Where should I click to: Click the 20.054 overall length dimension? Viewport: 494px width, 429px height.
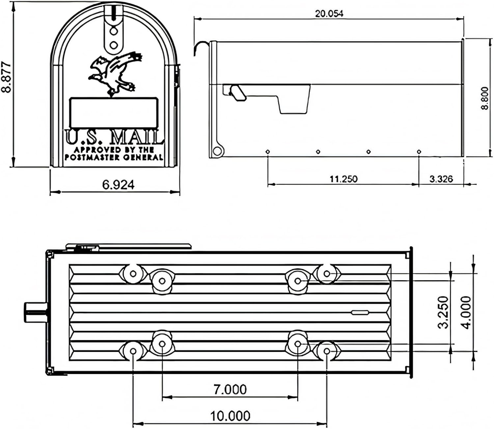coord(329,14)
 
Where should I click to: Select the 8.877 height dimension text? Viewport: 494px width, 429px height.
coord(7,77)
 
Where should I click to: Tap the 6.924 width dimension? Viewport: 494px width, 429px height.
coord(118,185)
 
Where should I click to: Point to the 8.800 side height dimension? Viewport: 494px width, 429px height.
coord(484,98)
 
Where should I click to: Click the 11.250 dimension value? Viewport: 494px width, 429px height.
coord(343,179)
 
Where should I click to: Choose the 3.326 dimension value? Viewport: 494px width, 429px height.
coord(441,179)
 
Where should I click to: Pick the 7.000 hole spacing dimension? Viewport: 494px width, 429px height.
coord(230,389)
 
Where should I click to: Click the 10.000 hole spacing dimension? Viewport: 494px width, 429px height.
coord(230,416)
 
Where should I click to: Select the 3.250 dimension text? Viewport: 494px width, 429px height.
coord(443,312)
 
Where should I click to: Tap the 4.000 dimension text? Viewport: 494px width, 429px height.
coord(466,312)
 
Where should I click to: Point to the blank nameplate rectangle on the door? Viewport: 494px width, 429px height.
coord(114,112)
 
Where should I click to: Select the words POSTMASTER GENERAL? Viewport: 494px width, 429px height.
coord(114,157)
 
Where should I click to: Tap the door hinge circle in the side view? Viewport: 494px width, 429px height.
coord(217,151)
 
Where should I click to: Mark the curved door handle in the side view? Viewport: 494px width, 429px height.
coord(200,48)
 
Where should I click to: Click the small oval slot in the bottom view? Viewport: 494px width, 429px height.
coord(360,312)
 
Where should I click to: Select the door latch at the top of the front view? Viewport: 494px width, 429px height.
coord(114,28)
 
